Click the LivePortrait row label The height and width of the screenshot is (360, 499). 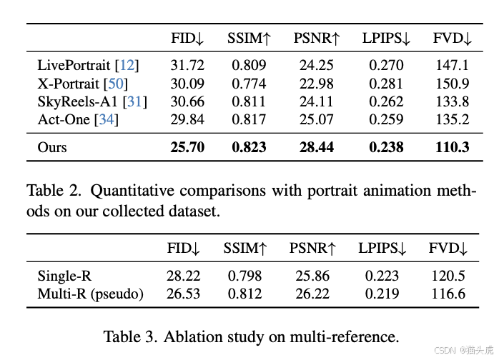(x=74, y=65)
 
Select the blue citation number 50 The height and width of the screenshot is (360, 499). (x=116, y=84)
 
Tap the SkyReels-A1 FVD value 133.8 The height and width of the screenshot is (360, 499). (x=453, y=101)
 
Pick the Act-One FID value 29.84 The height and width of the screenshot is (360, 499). (x=187, y=119)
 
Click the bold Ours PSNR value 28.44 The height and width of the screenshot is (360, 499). (x=316, y=147)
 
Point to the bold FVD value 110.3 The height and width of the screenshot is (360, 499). (x=453, y=147)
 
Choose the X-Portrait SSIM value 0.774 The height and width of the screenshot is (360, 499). (x=249, y=84)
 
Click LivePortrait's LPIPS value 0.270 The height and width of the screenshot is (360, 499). (x=386, y=65)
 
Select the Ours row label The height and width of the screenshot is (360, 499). (x=52, y=147)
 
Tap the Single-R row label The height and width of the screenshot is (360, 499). (x=64, y=276)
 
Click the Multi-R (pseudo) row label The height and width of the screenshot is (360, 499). (x=90, y=294)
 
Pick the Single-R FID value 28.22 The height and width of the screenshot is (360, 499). (x=183, y=276)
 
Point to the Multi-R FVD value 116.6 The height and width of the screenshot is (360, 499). (x=448, y=294)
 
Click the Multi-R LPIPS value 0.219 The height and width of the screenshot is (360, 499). (x=382, y=294)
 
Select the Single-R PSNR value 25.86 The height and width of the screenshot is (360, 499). (x=312, y=276)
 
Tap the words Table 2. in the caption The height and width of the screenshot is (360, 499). (x=54, y=191)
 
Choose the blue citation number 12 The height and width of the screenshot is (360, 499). (x=127, y=65)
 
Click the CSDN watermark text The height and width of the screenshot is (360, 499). (x=445, y=350)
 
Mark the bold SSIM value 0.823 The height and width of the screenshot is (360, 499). (x=249, y=147)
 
